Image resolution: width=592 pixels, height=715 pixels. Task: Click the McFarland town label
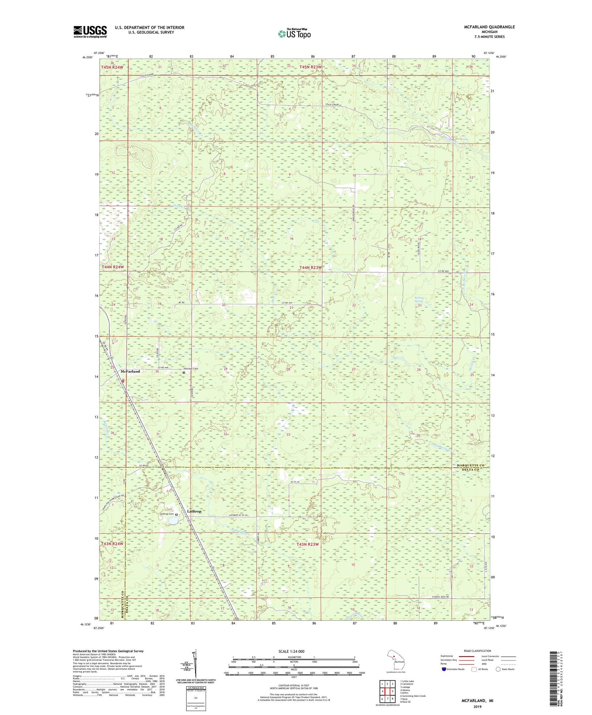click(x=130, y=372)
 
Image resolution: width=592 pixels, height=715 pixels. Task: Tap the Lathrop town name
click(x=194, y=511)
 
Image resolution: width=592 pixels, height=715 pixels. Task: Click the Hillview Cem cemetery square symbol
click(x=184, y=372)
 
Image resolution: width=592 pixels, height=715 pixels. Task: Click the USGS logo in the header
click(x=90, y=32)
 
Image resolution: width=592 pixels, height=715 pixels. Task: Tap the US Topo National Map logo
click(x=294, y=34)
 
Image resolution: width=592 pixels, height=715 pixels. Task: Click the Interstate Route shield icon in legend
click(x=444, y=669)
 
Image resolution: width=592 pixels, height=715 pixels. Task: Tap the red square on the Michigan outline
click(x=394, y=657)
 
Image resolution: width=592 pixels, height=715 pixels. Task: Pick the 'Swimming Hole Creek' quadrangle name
click(x=413, y=696)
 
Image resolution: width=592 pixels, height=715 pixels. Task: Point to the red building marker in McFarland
click(x=123, y=381)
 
